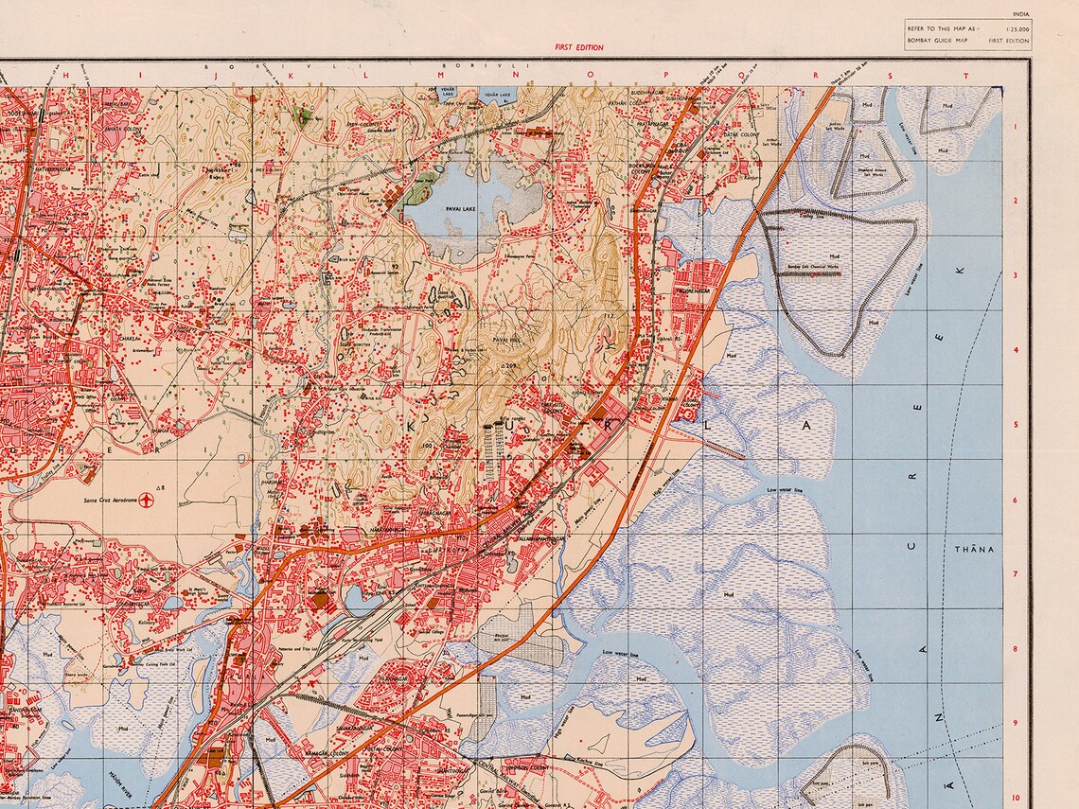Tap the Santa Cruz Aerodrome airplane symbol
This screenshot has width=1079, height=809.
click(146, 501)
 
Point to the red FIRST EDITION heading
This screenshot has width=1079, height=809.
click(579, 47)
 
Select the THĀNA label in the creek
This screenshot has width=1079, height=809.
click(975, 549)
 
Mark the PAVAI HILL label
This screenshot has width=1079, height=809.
click(506, 339)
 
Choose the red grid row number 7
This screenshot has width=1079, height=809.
click(1014, 573)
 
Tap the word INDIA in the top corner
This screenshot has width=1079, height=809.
click(1020, 14)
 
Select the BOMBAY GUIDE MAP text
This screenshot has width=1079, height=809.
click(937, 42)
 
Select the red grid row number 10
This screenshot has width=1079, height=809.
click(1014, 797)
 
